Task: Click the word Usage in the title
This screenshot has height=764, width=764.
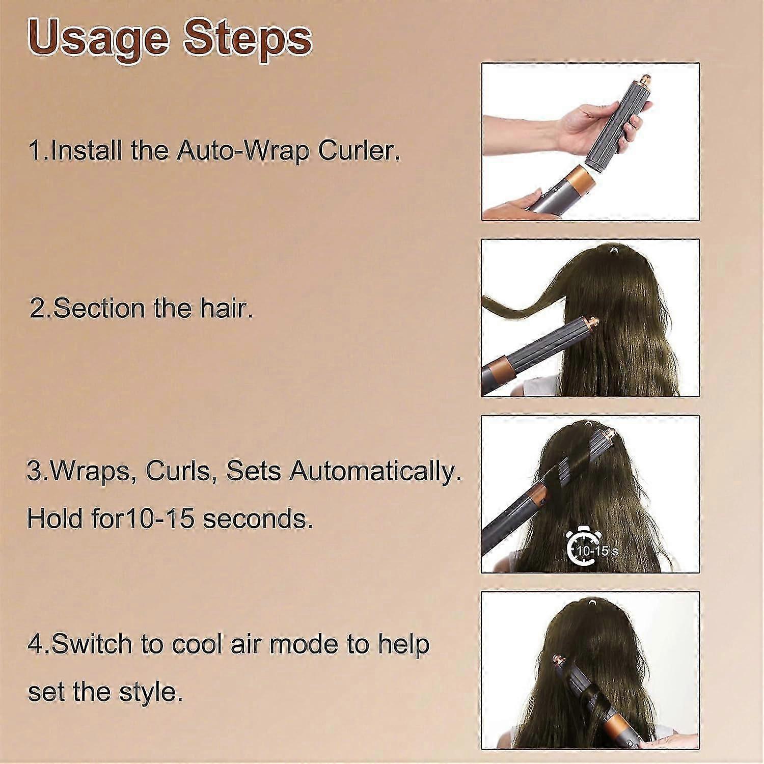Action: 98,39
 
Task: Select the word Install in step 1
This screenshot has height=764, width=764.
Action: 88,151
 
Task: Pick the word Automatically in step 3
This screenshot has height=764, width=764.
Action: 375,472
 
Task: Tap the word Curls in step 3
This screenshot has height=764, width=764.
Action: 178,472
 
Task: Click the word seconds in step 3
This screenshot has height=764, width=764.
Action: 258,519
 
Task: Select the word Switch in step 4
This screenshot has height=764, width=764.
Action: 92,644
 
